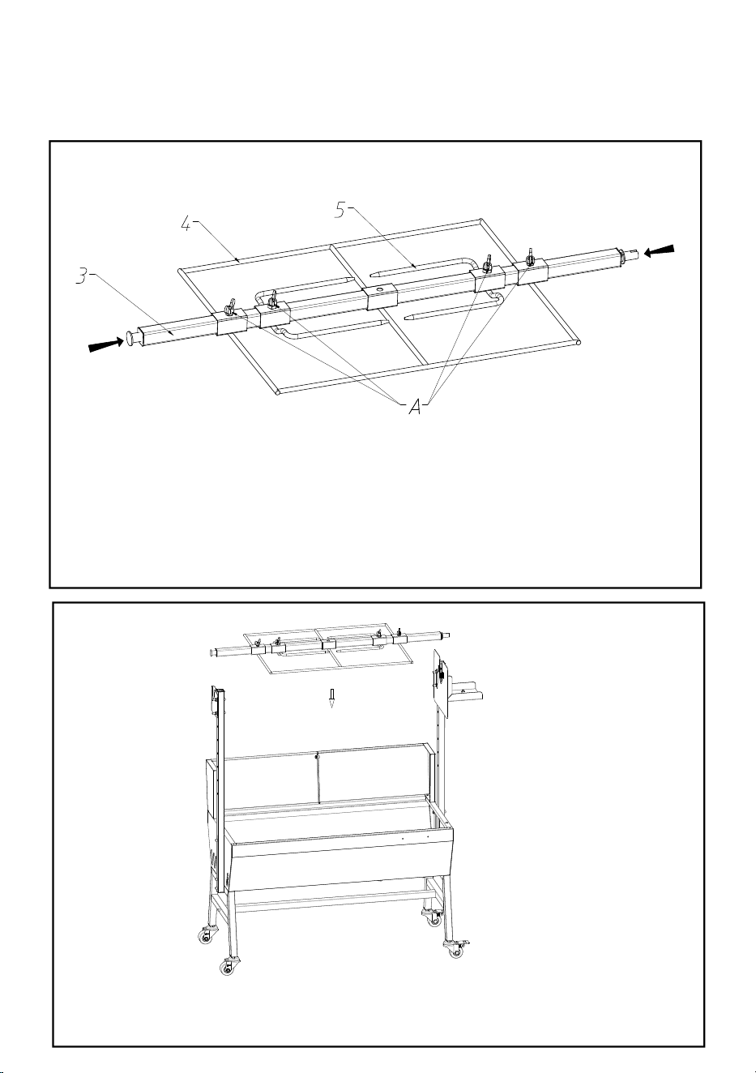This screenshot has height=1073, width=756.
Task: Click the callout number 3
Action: click(83, 277)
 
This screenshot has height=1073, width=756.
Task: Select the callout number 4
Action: click(186, 223)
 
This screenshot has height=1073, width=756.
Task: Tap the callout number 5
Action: click(340, 210)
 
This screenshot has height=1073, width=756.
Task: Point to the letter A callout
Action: click(416, 408)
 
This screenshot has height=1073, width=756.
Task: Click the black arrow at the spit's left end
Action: click(106, 344)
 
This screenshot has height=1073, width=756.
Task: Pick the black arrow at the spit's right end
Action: click(660, 250)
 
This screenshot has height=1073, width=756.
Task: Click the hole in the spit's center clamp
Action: click(380, 289)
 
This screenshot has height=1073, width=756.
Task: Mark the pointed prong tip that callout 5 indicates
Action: click(374, 276)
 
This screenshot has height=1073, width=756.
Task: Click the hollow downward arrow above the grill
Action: click(331, 699)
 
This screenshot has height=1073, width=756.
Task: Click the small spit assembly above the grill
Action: click(331, 649)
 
